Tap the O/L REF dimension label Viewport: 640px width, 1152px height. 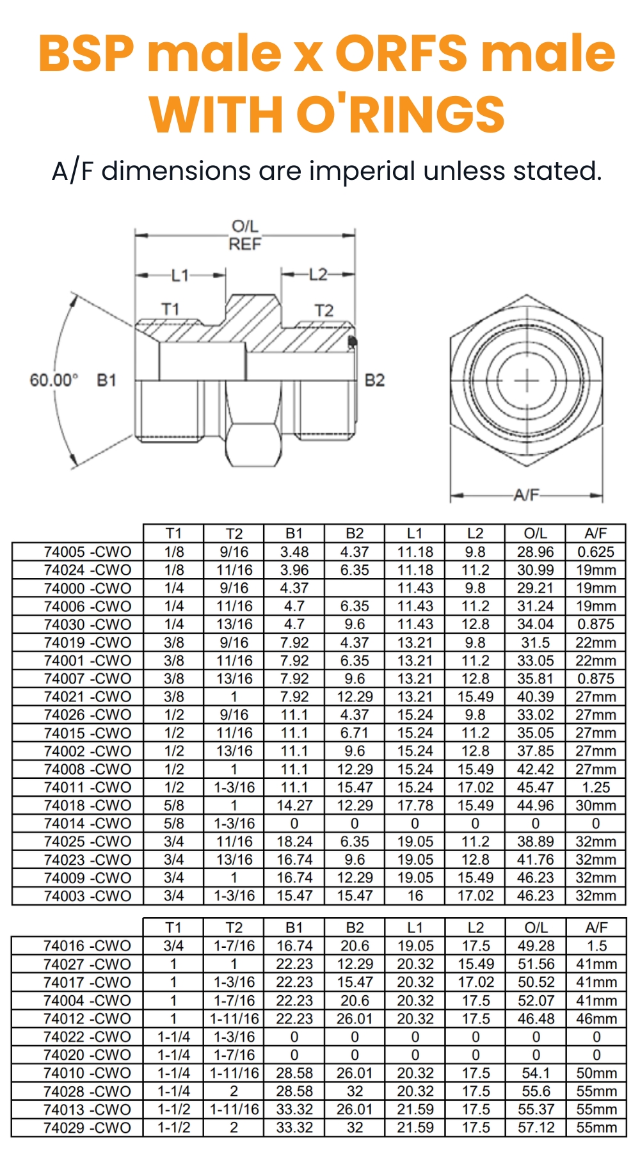[245, 235]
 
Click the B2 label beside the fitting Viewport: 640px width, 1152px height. [374, 380]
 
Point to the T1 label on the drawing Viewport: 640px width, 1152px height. [170, 309]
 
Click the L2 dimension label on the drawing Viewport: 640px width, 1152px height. [317, 275]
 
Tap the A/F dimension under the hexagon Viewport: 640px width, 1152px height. [526, 495]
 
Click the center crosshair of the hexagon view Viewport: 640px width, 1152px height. [527, 381]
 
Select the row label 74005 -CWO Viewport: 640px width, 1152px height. [87, 552]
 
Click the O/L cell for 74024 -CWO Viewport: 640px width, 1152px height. [535, 570]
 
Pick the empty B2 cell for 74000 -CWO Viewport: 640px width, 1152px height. [355, 588]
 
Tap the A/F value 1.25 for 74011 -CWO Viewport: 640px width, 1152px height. [595, 787]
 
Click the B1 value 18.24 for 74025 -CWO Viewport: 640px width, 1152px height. [294, 842]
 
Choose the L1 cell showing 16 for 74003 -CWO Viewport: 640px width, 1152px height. [415, 896]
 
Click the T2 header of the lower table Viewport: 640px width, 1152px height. [234, 927]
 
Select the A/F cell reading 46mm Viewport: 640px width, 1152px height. [596, 1018]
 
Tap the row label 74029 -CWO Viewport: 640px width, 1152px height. [87, 1128]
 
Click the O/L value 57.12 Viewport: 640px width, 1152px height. [536, 1128]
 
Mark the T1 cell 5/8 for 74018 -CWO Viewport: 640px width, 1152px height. [173, 805]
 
